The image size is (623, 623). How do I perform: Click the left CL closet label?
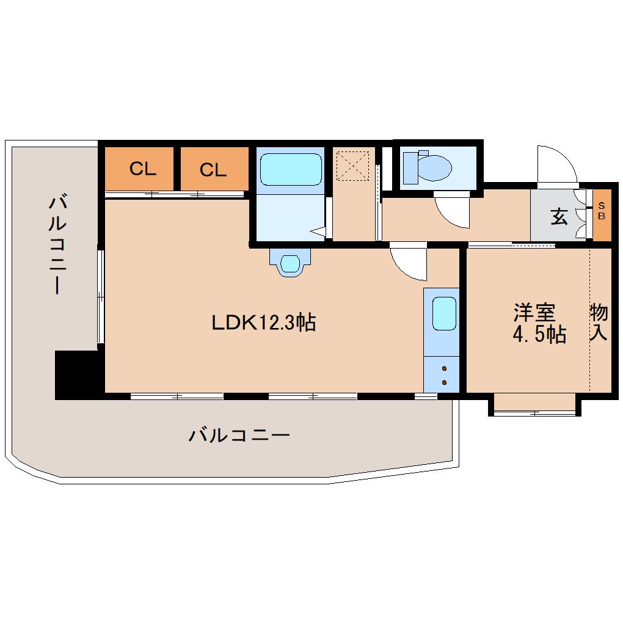point(143,169)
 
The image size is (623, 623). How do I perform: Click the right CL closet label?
point(213,170)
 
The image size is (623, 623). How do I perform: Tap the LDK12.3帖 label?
point(263,322)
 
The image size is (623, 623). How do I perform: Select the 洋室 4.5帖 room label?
point(539,323)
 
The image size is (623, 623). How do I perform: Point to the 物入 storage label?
point(599,322)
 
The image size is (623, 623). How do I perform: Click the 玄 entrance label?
point(559,217)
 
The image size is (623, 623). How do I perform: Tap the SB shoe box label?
point(602,211)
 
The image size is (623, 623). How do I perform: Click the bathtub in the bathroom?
point(291,169)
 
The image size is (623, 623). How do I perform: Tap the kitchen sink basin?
point(444,313)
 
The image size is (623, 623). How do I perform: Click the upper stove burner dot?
point(444,368)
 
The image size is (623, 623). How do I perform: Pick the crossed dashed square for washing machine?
point(352,166)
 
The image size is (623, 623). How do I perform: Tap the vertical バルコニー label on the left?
point(57,244)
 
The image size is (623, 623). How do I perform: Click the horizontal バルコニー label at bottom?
point(239,435)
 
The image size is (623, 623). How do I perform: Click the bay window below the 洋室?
point(535,405)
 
